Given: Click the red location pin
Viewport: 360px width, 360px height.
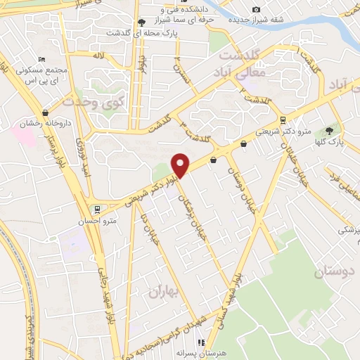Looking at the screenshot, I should coord(181,165).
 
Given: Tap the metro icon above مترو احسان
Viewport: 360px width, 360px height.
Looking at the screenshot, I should coord(96,208).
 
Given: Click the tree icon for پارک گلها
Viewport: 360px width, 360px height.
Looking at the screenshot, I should coord(329,130).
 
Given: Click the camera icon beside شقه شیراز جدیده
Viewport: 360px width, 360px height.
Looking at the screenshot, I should coord(256,9).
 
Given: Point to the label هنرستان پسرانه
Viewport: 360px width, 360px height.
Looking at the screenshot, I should coord(201,353).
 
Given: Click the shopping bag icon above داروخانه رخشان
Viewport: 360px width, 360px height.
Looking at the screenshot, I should coord(46,112).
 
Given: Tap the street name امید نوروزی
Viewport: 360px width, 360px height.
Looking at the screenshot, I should coord(87,158).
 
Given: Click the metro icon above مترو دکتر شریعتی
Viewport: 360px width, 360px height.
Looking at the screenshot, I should coord(283,120).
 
